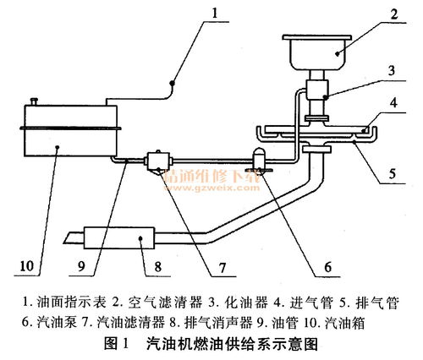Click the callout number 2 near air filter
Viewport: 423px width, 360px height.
(x=394, y=14)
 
